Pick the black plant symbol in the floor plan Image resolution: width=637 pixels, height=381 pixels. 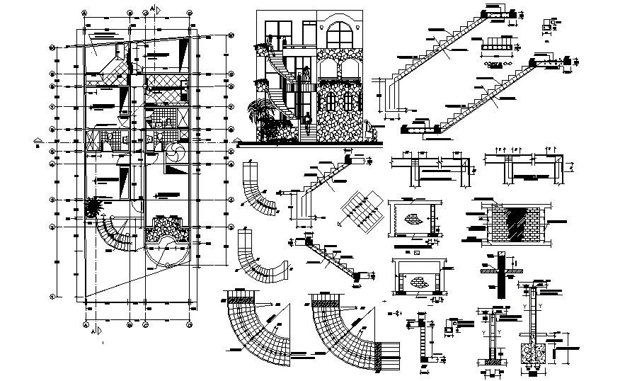92,207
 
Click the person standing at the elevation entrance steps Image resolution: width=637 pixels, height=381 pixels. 309,117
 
